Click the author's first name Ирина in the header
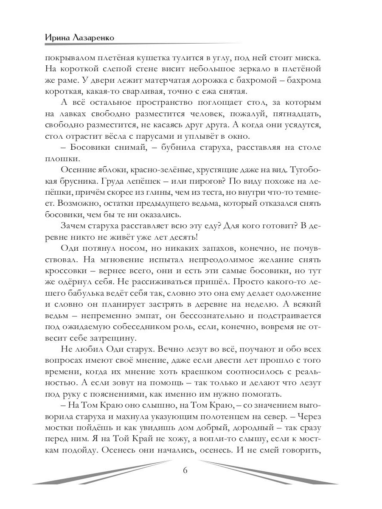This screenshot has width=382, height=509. pos(58,37)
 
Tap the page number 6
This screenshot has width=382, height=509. pos(185,470)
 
